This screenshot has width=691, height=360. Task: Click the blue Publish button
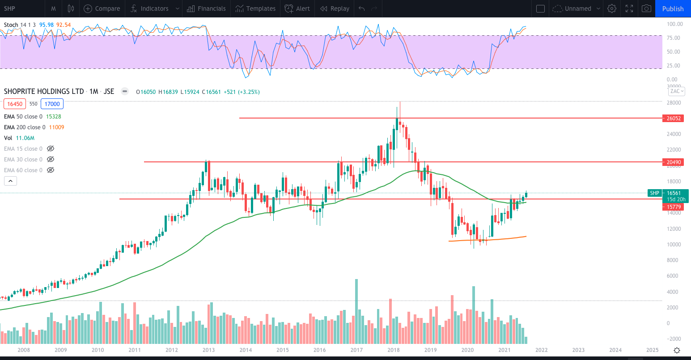click(x=673, y=8)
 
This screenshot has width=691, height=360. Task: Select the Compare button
click(x=102, y=8)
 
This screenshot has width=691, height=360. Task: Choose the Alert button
click(x=297, y=8)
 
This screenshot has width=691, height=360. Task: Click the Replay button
click(x=335, y=8)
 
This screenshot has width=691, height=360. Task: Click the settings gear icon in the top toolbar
click(x=612, y=8)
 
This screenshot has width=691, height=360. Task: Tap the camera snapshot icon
click(x=646, y=8)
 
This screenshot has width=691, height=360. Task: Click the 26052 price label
click(x=674, y=119)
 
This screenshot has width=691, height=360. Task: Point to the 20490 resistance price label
click(x=674, y=162)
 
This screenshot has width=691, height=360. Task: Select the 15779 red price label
click(x=674, y=207)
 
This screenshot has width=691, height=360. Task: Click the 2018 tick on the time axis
click(x=394, y=350)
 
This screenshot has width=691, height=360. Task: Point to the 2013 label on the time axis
click(x=208, y=350)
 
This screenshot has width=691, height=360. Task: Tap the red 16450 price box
click(x=15, y=104)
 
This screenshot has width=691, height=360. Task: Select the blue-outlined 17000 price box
click(x=52, y=104)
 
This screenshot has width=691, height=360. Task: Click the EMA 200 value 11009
click(x=56, y=127)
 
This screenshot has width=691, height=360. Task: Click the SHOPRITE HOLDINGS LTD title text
click(x=44, y=91)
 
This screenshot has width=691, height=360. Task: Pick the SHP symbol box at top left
click(x=10, y=8)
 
